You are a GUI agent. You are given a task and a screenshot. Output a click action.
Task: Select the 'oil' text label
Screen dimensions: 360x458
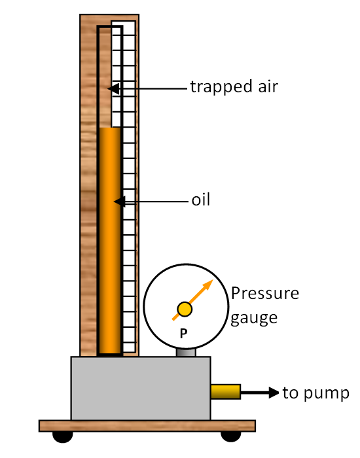click(x=201, y=200)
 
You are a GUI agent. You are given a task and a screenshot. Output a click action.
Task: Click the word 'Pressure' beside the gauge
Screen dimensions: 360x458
click(x=265, y=293)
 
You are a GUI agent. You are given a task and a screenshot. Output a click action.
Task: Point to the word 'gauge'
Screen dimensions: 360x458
click(x=254, y=318)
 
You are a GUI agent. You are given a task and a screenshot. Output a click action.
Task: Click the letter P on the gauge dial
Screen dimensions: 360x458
click(x=183, y=333)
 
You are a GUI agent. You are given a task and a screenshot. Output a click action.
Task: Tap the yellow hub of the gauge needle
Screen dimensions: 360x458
click(x=185, y=309)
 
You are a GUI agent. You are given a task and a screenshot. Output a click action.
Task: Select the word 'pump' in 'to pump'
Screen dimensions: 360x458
click(x=327, y=394)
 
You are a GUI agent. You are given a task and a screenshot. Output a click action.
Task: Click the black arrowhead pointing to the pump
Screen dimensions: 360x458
click(x=274, y=393)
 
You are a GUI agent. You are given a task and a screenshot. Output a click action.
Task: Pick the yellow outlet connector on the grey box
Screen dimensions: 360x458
click(x=226, y=392)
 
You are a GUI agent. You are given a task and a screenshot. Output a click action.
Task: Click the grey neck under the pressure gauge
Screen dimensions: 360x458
click(x=186, y=352)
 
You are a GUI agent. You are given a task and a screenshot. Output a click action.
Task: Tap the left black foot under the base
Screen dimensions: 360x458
click(x=63, y=437)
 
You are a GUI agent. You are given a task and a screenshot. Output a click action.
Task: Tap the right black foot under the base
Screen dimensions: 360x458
click(x=231, y=437)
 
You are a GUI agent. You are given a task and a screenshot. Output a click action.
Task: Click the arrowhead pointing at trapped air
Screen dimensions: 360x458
click(x=113, y=88)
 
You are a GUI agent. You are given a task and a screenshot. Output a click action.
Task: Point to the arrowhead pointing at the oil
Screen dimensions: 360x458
click(x=120, y=202)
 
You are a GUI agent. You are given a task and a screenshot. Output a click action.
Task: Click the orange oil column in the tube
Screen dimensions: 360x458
click(x=110, y=240)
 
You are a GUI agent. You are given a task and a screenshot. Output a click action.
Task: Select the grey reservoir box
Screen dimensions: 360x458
click(x=141, y=388)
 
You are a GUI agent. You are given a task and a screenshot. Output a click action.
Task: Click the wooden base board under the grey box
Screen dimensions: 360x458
click(x=147, y=426)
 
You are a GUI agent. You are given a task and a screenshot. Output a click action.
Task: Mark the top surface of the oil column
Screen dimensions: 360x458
click(x=110, y=128)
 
